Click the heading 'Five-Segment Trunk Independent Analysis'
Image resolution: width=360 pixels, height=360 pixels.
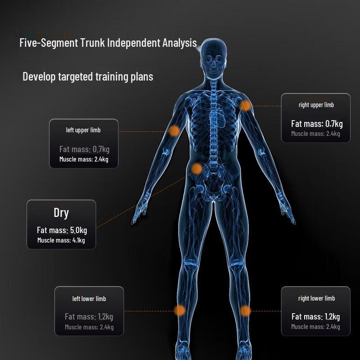pyautogui.click(x=108, y=43)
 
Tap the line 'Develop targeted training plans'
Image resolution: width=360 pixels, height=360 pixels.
pyautogui.click(x=88, y=76)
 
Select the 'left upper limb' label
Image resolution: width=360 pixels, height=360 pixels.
pyautogui.click(x=83, y=130)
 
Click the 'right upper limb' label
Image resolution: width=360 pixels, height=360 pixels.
pyautogui.click(x=316, y=105)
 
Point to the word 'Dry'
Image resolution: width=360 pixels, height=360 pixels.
pyautogui.click(x=61, y=213)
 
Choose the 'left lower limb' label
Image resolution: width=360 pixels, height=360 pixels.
pyautogui.click(x=89, y=299)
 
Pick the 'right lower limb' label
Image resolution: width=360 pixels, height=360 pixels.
pyautogui.click(x=316, y=298)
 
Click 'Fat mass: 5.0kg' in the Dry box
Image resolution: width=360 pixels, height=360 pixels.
pyautogui.click(x=62, y=230)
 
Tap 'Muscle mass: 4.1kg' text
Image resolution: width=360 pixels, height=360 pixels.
pyautogui.click(x=61, y=240)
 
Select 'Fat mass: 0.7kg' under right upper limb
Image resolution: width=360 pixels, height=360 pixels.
pyautogui.click(x=317, y=124)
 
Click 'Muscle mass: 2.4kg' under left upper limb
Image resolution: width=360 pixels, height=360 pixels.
pyautogui.click(x=84, y=159)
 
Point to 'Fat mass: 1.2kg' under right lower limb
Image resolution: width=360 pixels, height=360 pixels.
pyautogui.click(x=316, y=317)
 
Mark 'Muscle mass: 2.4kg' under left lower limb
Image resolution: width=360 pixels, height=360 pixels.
pyautogui.click(x=89, y=327)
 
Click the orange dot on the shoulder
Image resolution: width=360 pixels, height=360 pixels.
pyautogui.click(x=245, y=106)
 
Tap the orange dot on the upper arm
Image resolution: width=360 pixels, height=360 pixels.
pyautogui.click(x=174, y=131)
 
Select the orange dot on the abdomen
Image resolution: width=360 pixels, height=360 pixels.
pyautogui.click(x=197, y=169)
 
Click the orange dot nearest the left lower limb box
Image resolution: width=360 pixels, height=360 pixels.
pyautogui.click(x=180, y=310)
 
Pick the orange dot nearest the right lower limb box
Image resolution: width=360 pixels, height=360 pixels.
pyautogui.click(x=245, y=311)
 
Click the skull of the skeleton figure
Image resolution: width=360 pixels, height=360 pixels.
pyautogui.click(x=213, y=58)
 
